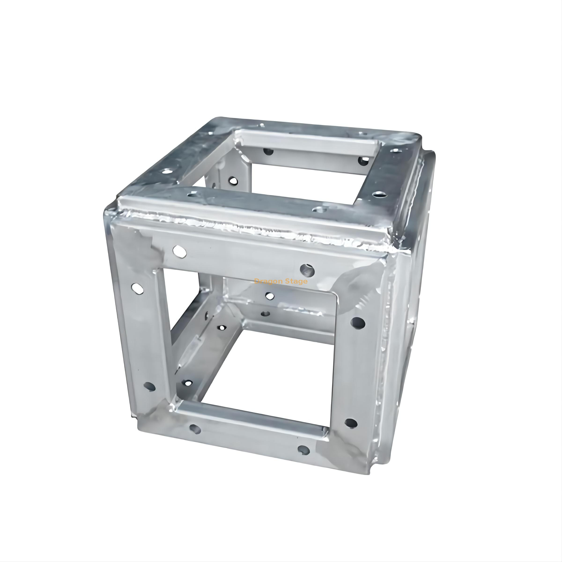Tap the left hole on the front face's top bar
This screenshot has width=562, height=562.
pos(179,251)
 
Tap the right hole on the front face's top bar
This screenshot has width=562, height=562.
pos(307,270)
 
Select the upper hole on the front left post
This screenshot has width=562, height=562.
pos(137,288)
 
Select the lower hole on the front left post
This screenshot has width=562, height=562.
pos(150,387)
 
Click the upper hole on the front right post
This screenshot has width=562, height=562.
pos(358,322)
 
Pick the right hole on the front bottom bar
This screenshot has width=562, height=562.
pos(303,450)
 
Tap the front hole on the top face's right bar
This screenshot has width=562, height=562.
pos(378,194)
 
